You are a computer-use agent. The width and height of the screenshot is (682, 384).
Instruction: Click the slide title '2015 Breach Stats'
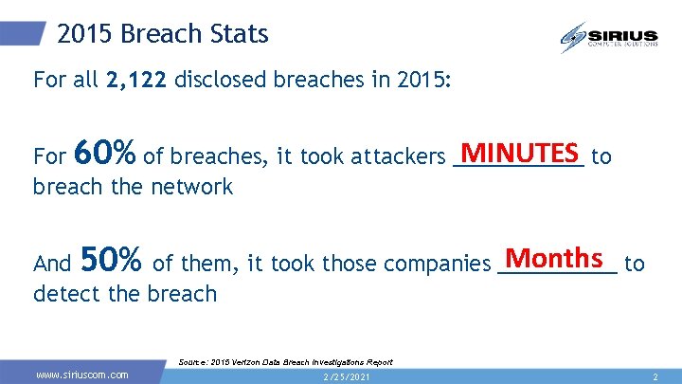(x=163, y=35)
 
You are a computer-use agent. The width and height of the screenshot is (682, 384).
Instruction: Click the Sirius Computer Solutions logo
(x=609, y=37)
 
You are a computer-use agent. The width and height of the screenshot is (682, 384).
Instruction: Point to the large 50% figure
(x=112, y=259)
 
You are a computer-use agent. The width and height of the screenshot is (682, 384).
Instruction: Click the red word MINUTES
(x=518, y=153)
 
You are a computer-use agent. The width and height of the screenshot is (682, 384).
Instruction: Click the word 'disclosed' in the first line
(x=221, y=80)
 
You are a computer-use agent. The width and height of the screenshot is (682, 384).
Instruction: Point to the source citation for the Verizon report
(x=285, y=362)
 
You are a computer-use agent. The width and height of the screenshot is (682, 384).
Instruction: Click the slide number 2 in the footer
(x=655, y=376)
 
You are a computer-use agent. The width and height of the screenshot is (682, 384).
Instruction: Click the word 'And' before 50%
(x=52, y=264)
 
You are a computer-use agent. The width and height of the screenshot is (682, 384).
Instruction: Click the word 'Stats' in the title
(x=241, y=35)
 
